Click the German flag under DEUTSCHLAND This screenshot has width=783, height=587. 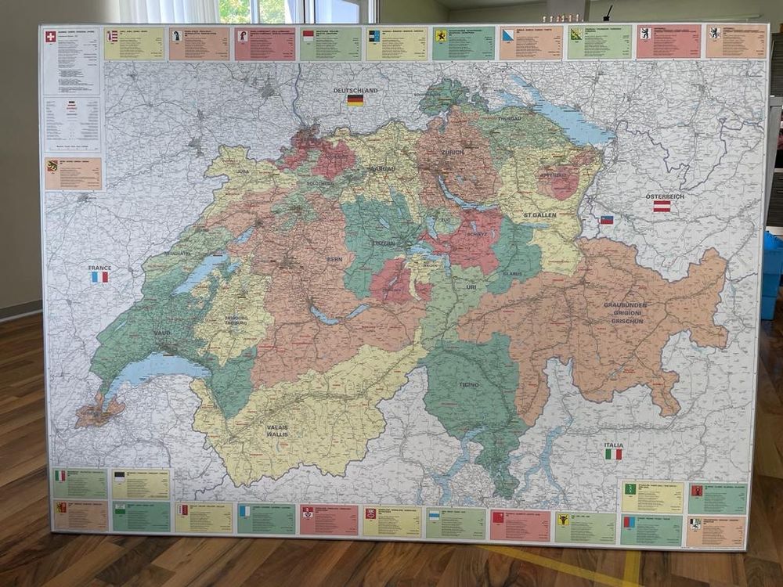tap(355, 100)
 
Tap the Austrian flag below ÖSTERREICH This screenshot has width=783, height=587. tap(662, 206)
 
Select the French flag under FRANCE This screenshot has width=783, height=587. tap(99, 276)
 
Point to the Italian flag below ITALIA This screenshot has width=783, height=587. tap(614, 454)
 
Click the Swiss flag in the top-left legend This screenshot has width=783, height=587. tap(51, 36)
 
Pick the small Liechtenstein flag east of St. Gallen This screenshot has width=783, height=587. tap(606, 220)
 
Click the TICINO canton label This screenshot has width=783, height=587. tap(469, 385)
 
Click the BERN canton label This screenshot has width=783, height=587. tap(334, 259)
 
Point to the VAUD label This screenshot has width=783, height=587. tap(162, 333)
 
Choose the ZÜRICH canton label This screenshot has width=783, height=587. tap(452, 152)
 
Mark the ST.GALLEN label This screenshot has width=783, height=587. tap(539, 214)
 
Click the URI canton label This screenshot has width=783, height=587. tap(471, 288)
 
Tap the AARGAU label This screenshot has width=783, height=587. tap(383, 169)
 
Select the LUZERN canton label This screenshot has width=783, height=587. tap(383, 243)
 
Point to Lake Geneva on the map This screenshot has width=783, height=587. tap(153, 368)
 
